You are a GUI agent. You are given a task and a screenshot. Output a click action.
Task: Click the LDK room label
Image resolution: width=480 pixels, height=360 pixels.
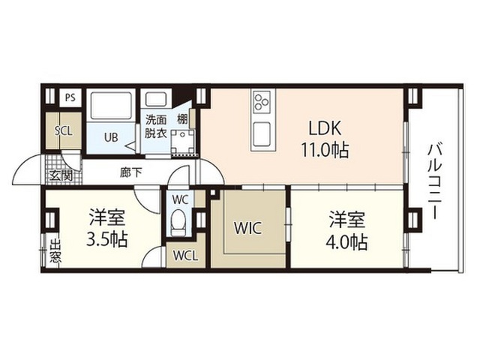325,128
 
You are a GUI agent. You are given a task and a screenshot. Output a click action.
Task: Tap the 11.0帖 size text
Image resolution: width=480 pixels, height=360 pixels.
325,150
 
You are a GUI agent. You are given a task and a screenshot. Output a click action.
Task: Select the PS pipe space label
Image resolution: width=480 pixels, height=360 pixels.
70,98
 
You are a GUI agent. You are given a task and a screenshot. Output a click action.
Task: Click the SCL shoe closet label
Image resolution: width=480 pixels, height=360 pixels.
63,131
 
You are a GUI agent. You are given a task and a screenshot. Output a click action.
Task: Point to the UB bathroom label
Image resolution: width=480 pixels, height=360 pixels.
111,137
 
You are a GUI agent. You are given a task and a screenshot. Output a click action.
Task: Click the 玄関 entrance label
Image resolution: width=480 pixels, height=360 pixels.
61,175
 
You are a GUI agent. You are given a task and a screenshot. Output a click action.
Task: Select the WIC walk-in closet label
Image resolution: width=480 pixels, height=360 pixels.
247,228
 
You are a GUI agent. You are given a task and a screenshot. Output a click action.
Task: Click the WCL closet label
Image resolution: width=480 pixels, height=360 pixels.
185,256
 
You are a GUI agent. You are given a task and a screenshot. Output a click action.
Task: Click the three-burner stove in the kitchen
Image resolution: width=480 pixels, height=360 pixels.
262,101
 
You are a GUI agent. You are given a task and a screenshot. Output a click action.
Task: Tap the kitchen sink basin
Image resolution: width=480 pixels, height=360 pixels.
262,134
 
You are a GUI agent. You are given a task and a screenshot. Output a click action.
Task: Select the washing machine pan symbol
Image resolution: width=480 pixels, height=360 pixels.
183,142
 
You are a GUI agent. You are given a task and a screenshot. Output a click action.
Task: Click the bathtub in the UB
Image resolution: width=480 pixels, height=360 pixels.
112,106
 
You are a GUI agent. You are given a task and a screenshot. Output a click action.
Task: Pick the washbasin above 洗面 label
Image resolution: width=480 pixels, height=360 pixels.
155,99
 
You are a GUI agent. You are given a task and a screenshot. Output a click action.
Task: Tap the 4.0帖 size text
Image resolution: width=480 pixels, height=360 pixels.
346,242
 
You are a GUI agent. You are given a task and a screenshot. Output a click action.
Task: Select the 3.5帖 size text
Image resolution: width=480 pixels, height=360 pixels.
106,239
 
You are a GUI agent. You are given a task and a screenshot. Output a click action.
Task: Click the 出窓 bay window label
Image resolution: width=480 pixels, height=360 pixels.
55,251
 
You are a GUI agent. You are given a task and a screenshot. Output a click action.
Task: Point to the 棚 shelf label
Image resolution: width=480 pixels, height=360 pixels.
182,119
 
